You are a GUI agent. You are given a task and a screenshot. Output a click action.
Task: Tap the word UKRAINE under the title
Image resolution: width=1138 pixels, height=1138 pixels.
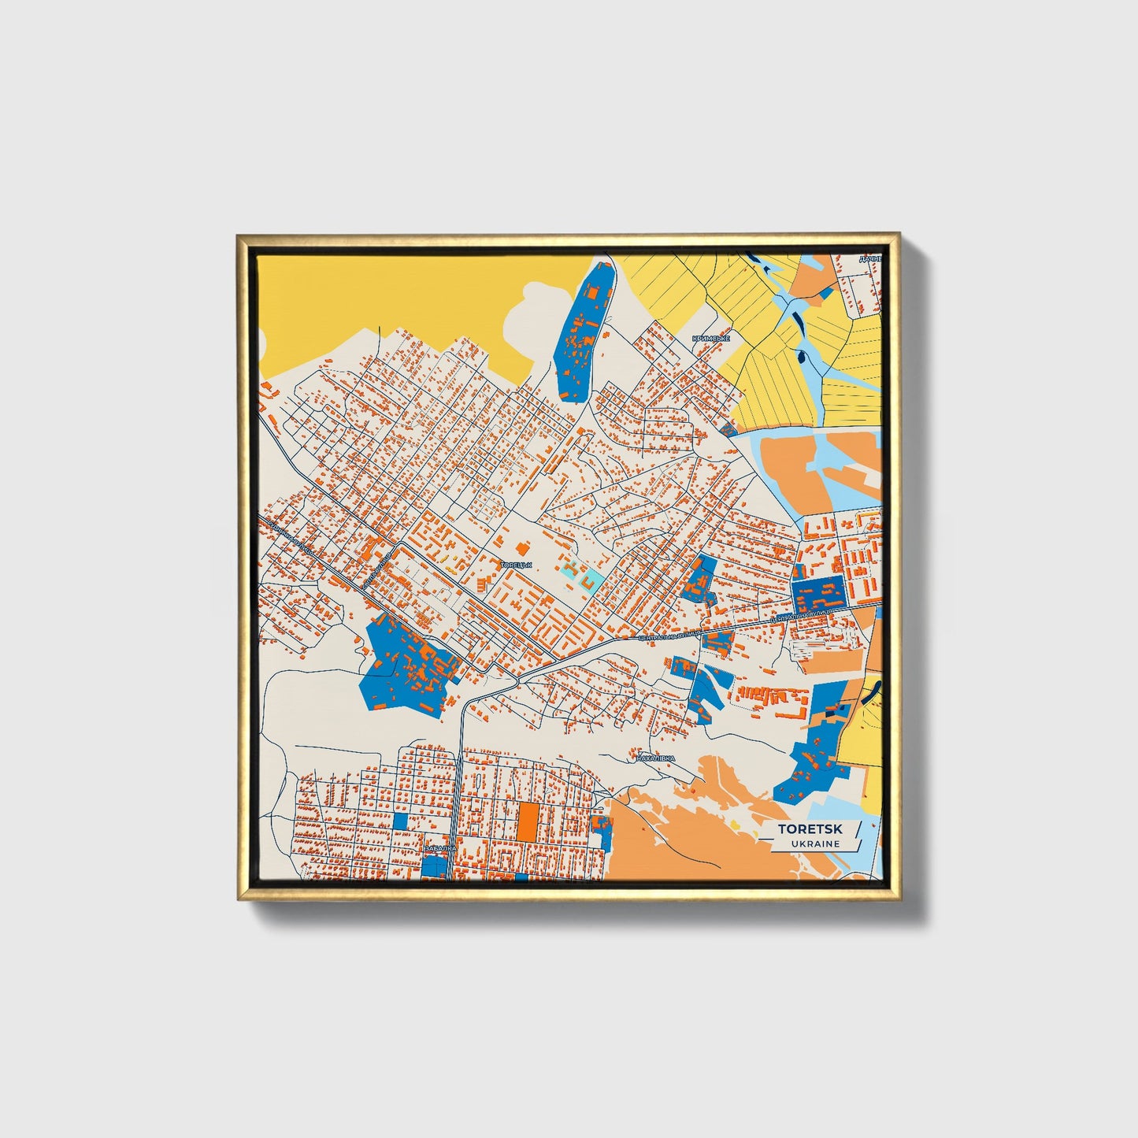coord(815,843)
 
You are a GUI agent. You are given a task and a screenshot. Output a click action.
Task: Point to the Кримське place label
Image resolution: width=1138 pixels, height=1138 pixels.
coord(710,339)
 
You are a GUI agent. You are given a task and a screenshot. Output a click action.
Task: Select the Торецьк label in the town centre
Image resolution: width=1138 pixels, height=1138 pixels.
coord(517,565)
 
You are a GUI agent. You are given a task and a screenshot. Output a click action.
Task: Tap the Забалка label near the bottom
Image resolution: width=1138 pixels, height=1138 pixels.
coord(439,848)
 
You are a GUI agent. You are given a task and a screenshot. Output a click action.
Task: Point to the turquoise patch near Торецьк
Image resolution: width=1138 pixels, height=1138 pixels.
coord(594,580)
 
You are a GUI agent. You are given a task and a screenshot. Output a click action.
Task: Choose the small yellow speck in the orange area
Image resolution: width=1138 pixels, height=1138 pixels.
coord(734,825)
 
